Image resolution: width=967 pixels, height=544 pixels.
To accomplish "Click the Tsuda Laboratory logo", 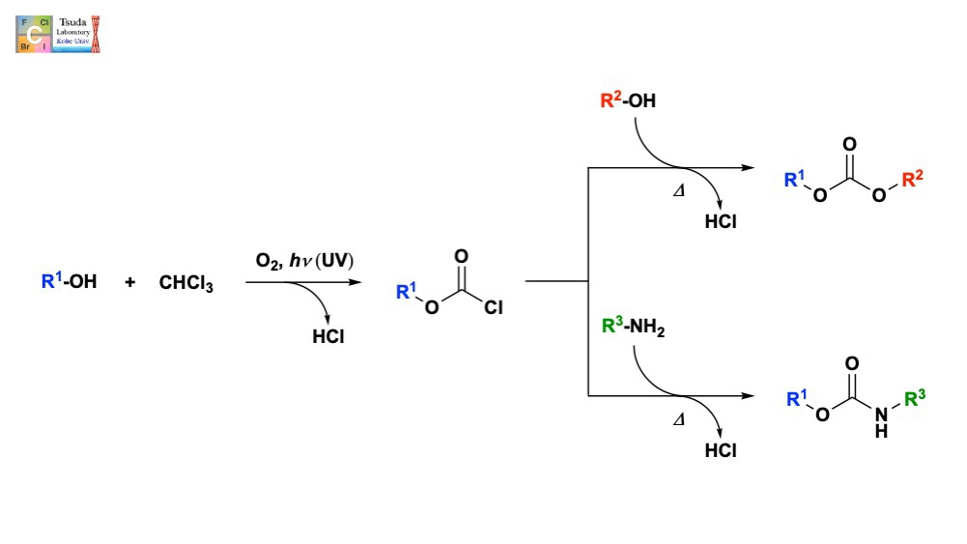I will (58, 33).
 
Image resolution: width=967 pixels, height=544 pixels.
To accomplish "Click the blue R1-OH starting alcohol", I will (69, 282).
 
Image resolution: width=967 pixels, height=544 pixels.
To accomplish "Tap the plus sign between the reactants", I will (130, 282).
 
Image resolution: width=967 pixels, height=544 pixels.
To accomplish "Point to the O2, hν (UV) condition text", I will (304, 262).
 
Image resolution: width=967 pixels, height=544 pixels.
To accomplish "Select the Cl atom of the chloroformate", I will (494, 308).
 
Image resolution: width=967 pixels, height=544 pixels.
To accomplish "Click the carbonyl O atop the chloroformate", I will (462, 256).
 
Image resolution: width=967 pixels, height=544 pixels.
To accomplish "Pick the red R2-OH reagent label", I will (628, 100).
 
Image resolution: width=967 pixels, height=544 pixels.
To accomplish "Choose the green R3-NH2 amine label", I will (633, 329).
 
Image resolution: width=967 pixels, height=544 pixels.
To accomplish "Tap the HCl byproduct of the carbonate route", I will (721, 221).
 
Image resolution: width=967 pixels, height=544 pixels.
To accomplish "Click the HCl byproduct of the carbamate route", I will (721, 450).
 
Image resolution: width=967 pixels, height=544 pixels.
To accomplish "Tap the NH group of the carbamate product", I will (881, 421).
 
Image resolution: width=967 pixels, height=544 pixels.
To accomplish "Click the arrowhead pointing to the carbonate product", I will (748, 168).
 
